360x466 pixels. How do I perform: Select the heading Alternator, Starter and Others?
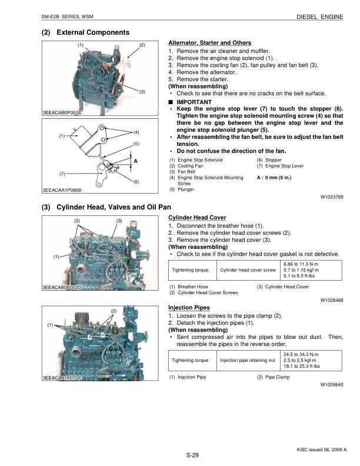(209, 43)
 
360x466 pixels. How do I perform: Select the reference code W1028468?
(331, 299)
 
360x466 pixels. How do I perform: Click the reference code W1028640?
(331, 384)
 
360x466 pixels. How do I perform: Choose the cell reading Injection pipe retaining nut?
(247, 360)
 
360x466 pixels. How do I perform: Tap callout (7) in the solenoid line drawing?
(62, 174)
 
